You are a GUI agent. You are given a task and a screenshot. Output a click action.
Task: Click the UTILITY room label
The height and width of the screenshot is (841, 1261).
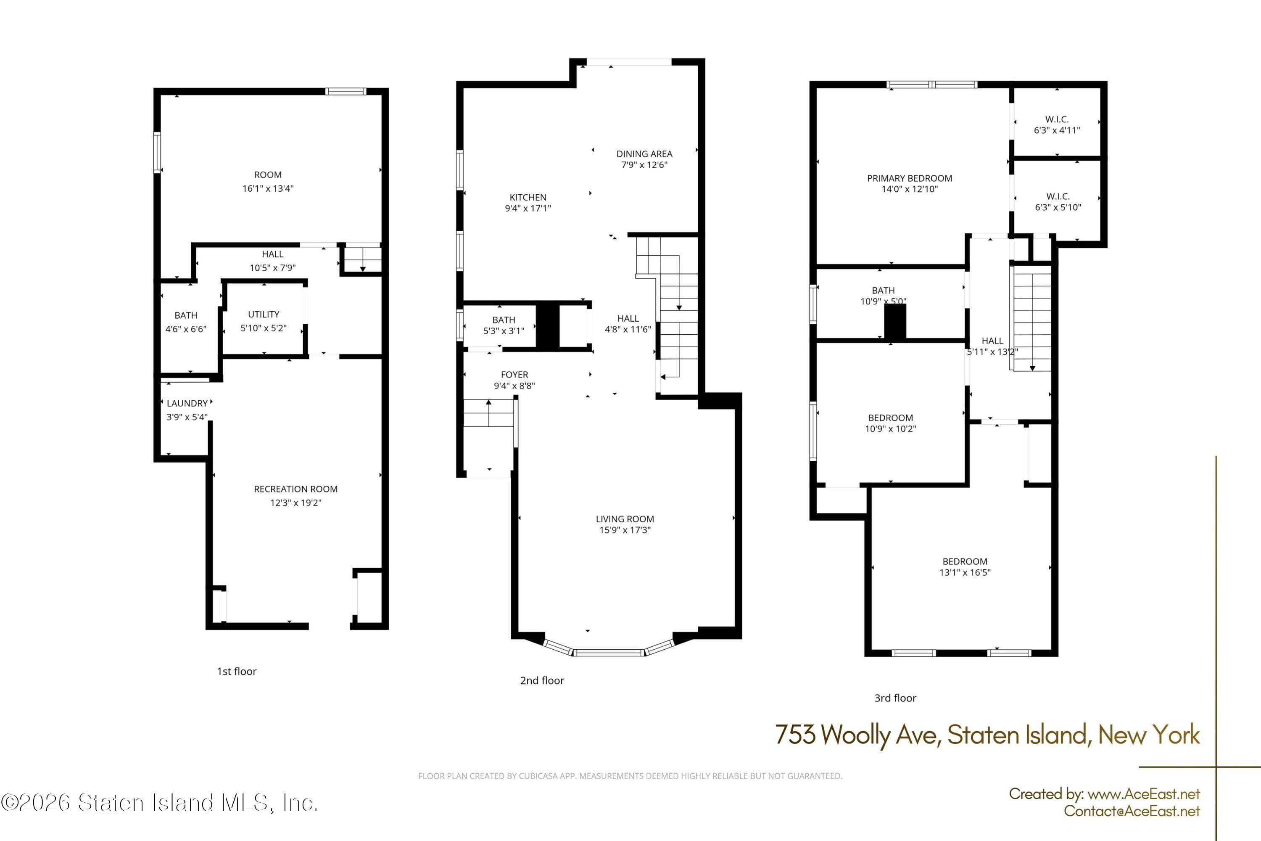coord(263,314)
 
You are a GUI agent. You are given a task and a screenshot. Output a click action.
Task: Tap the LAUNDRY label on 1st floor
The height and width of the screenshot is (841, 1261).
coord(187,403)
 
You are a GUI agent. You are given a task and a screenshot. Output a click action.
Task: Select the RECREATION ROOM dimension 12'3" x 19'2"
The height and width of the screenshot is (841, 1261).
coord(295,502)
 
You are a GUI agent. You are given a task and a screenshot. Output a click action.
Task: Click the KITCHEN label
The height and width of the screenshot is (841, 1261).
coord(528,197)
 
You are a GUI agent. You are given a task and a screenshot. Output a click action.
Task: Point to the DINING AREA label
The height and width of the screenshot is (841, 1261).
coord(644,154)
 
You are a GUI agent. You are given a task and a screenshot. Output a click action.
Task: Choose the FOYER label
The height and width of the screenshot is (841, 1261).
coord(514,374)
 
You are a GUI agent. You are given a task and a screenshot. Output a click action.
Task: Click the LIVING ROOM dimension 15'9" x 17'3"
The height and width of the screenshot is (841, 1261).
coord(625,530)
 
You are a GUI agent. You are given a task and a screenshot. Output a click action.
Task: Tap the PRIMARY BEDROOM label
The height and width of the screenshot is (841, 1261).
coord(909,178)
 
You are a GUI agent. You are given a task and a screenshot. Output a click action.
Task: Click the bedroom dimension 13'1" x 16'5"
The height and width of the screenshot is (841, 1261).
coord(965,572)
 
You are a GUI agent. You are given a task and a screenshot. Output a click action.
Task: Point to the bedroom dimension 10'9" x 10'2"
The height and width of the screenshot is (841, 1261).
coord(890,428)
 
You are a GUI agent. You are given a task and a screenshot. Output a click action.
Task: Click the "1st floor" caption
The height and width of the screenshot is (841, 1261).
coord(236,672)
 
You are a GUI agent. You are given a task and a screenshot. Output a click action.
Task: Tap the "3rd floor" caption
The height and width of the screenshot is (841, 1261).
coord(895,698)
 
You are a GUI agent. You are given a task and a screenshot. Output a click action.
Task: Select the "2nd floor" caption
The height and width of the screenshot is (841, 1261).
coord(541,681)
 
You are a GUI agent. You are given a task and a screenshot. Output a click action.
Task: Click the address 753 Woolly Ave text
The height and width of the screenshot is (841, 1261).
coord(857,734)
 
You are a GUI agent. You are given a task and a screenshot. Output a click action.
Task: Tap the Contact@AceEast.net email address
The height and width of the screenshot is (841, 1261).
coord(1131,811)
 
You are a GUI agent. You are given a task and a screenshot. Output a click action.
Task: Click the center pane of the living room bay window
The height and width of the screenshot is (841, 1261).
coord(609,652)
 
